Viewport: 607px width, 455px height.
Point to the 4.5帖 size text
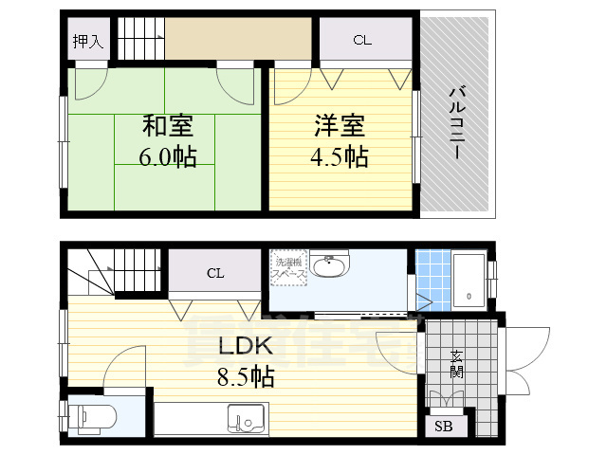(x=340, y=156)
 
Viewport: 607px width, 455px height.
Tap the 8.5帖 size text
(x=245, y=378)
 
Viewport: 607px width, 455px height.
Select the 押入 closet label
(x=88, y=42)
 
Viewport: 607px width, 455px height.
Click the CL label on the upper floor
(x=360, y=40)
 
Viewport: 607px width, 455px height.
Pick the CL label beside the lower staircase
(x=216, y=274)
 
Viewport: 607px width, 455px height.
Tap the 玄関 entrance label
(x=456, y=365)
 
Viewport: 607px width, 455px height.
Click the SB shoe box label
(x=444, y=427)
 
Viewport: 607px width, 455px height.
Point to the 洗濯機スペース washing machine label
(x=288, y=266)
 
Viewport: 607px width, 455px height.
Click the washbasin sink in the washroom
(x=329, y=267)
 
